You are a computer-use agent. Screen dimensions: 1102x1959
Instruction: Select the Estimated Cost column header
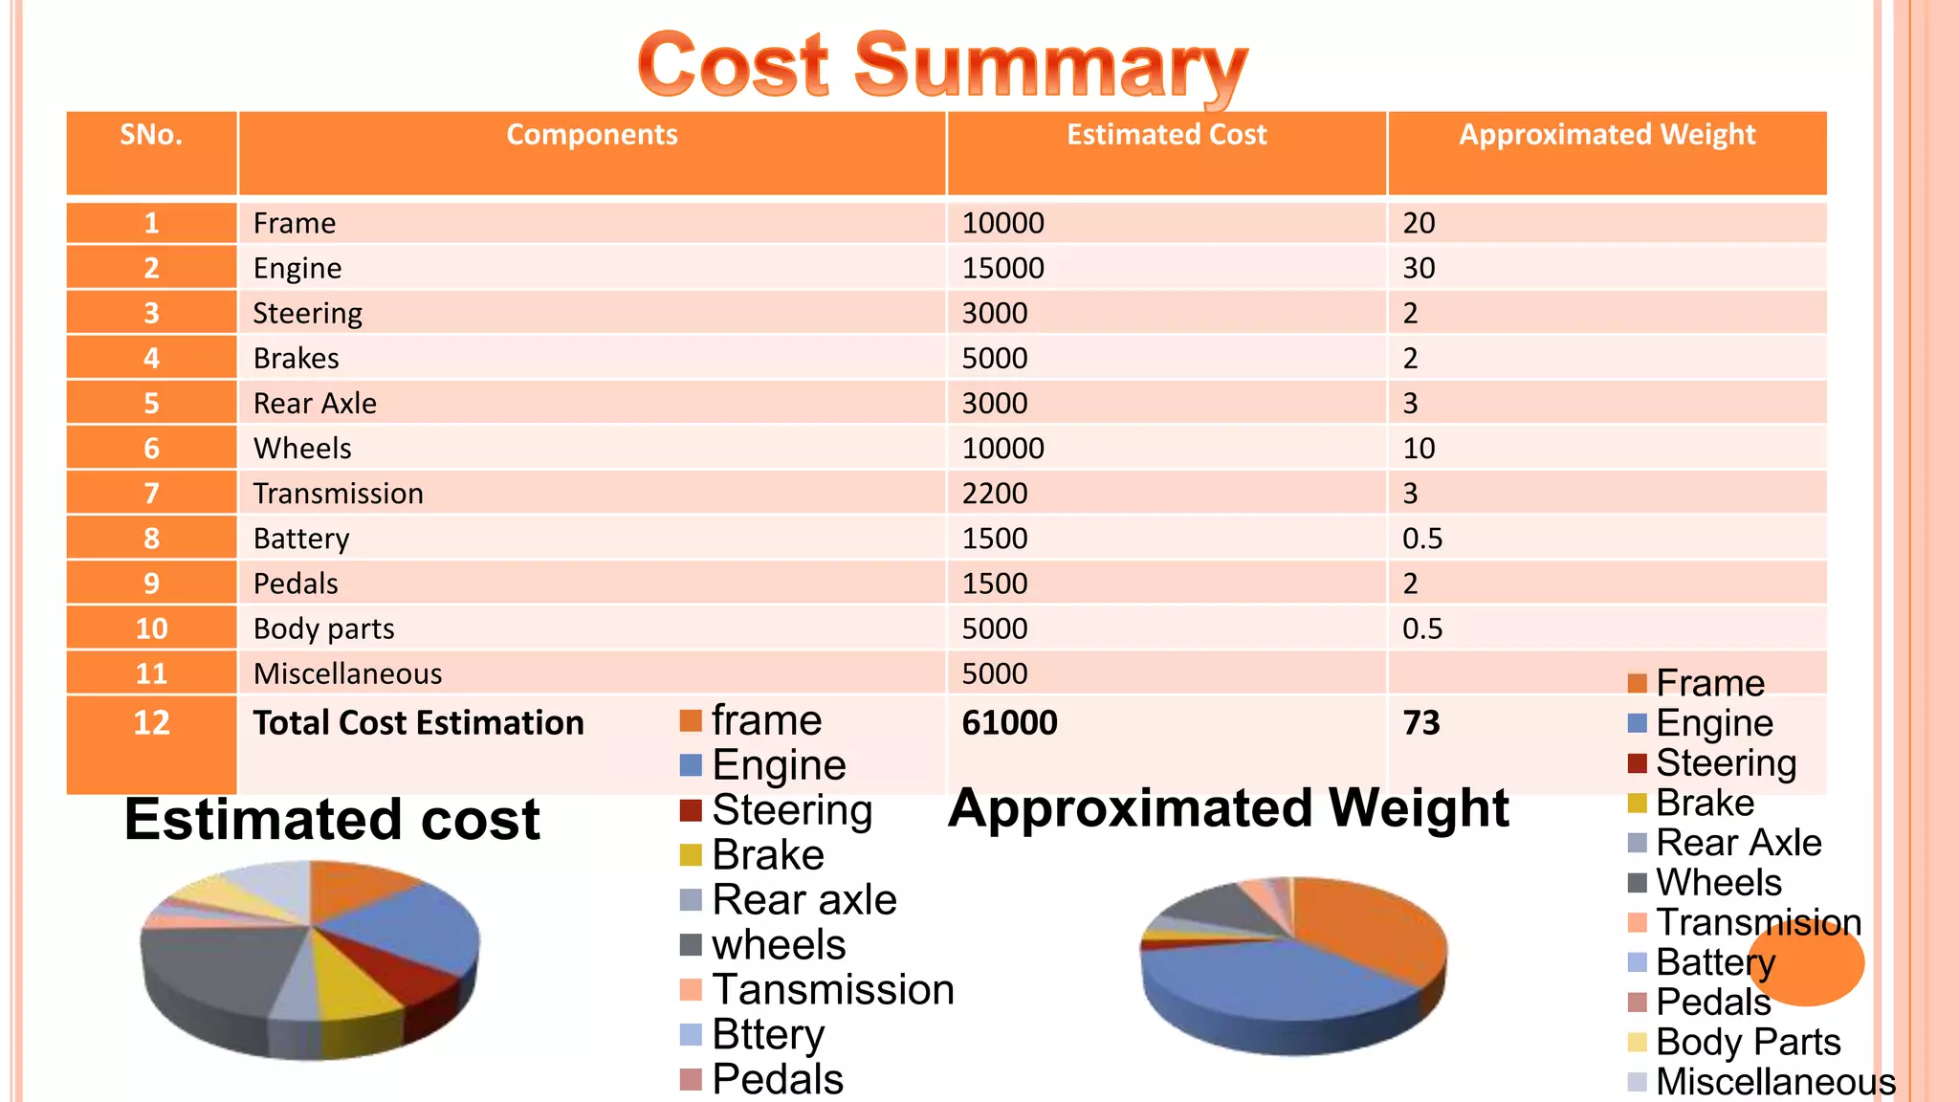(1166, 135)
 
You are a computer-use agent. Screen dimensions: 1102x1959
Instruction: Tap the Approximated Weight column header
(1607, 135)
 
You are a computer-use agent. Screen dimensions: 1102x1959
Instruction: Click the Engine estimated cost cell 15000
(1002, 268)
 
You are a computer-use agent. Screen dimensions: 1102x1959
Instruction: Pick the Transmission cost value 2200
(995, 494)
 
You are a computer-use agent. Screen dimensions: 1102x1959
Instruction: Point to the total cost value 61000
(1009, 722)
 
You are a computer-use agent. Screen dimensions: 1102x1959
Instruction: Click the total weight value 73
(1421, 722)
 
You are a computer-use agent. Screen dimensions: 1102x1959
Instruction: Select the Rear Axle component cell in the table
(315, 404)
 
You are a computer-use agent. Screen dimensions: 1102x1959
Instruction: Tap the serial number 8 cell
(151, 539)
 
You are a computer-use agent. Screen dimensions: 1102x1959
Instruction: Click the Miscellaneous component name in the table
(347, 673)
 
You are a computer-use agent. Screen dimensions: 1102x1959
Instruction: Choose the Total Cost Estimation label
(418, 722)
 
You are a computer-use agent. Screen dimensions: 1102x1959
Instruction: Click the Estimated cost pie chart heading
(332, 820)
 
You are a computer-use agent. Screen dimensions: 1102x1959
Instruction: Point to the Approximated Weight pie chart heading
(1228, 808)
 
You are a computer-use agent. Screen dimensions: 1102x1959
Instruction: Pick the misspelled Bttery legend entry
(767, 1034)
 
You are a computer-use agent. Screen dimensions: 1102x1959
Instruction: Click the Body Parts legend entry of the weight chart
(1748, 1042)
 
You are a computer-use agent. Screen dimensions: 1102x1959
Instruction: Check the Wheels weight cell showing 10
(1419, 449)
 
